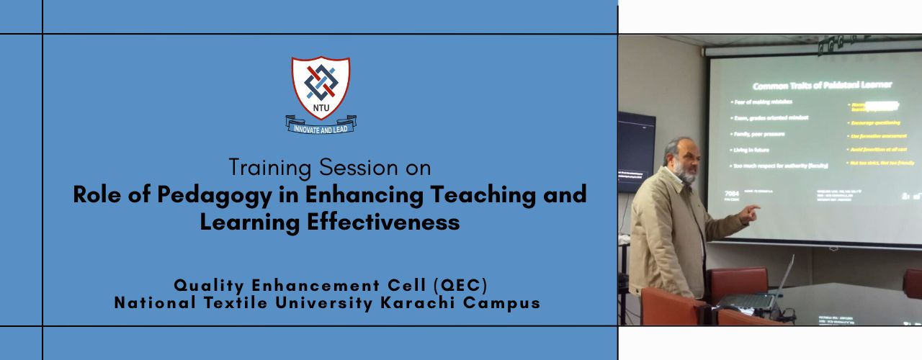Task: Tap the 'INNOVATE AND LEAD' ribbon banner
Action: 321,125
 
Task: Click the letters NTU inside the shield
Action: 321,107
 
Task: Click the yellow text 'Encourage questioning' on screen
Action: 874,122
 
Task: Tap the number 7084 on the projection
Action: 733,194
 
